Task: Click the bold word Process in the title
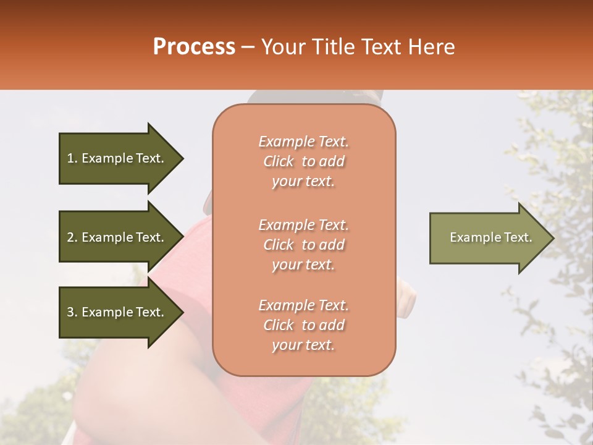click(x=194, y=47)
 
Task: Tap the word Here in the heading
click(x=431, y=47)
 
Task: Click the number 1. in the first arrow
click(x=72, y=158)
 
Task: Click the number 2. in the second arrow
click(x=72, y=237)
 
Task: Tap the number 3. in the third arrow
click(x=72, y=312)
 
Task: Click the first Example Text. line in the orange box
click(x=303, y=142)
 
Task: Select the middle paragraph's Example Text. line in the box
click(x=303, y=225)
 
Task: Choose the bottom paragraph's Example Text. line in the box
click(x=303, y=305)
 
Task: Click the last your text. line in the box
click(x=303, y=345)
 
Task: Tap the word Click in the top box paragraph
click(x=278, y=161)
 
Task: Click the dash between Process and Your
click(x=248, y=48)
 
